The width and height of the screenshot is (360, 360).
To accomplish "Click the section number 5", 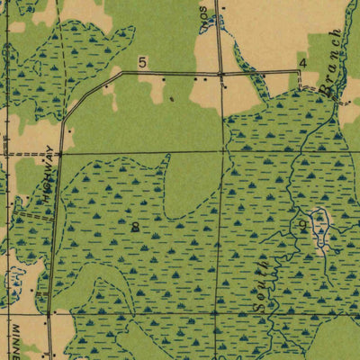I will (x=142, y=62).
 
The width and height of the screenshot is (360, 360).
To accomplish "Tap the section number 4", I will (x=302, y=62).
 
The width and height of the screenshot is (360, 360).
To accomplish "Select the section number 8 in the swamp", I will (x=135, y=227).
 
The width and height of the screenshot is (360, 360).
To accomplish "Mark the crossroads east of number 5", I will (x=220, y=72).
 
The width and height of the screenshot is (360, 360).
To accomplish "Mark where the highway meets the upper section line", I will (x=59, y=153).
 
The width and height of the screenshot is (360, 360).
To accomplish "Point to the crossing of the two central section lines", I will (x=219, y=153).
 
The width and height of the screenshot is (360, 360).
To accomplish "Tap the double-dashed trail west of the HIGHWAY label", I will (x=34, y=216).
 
